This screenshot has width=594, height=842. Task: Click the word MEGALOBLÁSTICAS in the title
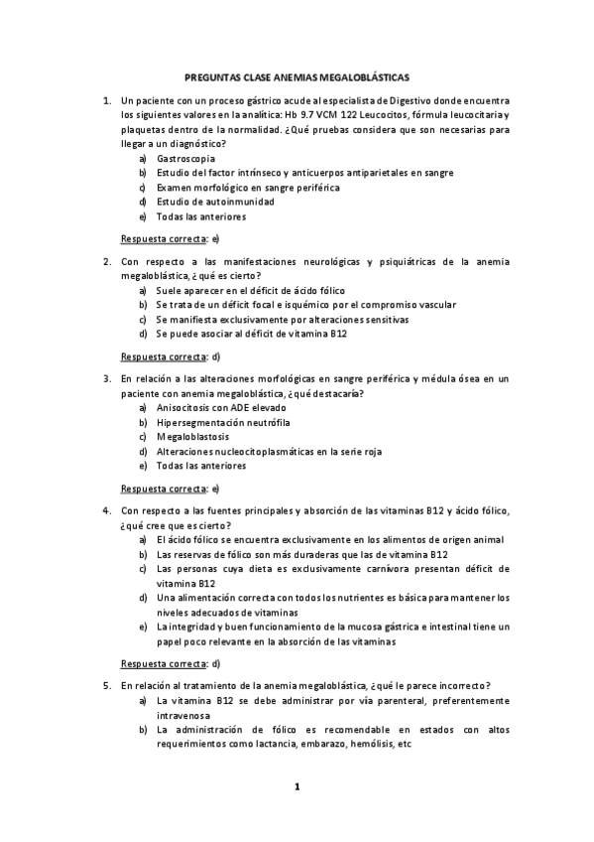(x=359, y=75)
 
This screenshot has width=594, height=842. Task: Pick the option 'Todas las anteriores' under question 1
(x=201, y=216)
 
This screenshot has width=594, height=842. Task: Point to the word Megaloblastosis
(x=192, y=437)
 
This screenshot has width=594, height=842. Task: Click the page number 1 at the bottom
(x=296, y=787)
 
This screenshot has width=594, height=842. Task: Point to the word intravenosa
(x=183, y=715)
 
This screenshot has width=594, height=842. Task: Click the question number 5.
(x=106, y=685)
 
